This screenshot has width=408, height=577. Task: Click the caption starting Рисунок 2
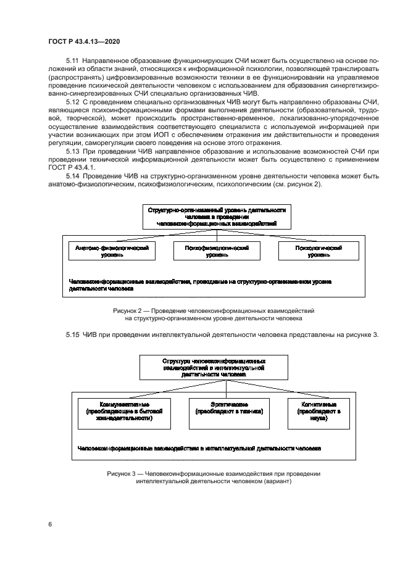coord(214,315)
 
